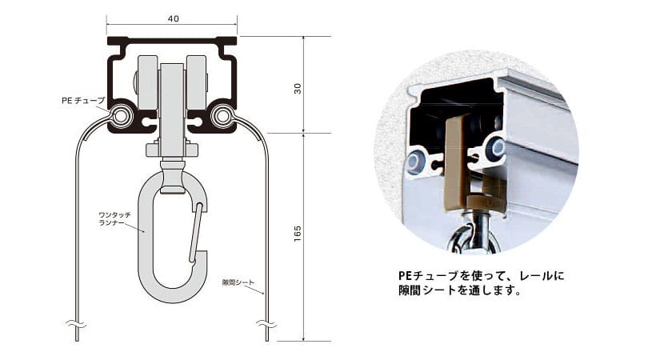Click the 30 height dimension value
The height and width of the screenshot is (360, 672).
click(298, 89)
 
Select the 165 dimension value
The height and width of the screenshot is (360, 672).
click(298, 234)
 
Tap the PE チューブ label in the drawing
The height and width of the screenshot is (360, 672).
click(83, 101)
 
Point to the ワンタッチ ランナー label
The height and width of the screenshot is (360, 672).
click(114, 218)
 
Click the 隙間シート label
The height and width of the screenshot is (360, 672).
click(238, 282)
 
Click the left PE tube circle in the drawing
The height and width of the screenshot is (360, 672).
click(120, 116)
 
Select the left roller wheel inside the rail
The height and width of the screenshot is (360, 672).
click(146, 82)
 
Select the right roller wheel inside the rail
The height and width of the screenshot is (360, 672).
click(197, 82)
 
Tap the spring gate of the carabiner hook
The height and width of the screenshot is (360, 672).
click(195, 232)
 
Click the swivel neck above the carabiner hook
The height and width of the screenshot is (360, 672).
click(172, 176)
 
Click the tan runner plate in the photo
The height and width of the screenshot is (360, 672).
click(455, 163)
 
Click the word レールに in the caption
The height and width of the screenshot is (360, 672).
click(542, 275)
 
